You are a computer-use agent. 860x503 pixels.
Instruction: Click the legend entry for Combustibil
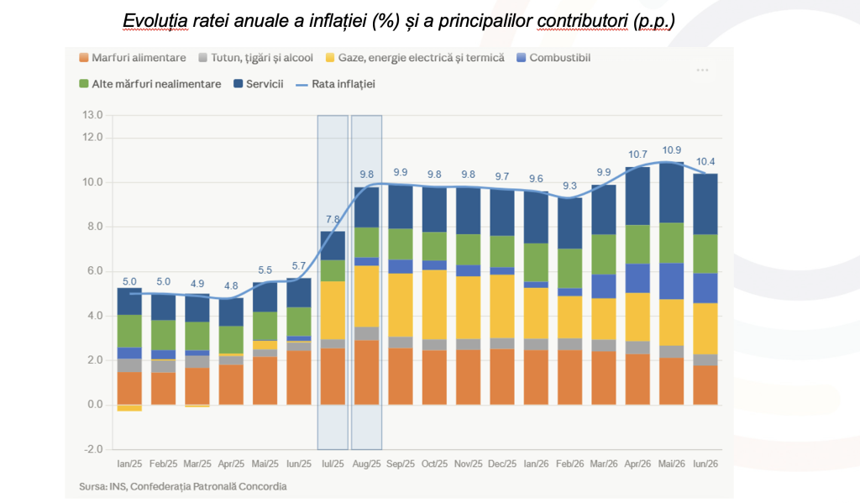(x=553, y=58)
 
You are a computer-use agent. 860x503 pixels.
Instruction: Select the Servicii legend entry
(x=259, y=84)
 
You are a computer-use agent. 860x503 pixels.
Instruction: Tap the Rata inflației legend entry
(x=336, y=84)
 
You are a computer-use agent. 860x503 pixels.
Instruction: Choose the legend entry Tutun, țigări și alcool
(x=255, y=58)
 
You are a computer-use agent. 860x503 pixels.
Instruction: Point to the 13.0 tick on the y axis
(x=92, y=115)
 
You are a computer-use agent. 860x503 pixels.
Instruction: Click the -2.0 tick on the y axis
(x=93, y=448)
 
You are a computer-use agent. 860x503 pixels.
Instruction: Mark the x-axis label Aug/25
(x=366, y=464)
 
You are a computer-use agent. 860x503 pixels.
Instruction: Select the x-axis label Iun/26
(x=705, y=464)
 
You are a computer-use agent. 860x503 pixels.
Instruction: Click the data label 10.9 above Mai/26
(x=671, y=149)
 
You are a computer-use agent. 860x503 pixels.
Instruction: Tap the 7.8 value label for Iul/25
(x=333, y=219)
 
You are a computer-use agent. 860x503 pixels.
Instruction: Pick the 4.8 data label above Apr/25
(x=231, y=286)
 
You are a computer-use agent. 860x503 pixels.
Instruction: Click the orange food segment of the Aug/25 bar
(x=366, y=373)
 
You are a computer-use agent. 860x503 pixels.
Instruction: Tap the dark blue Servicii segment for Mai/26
(x=671, y=192)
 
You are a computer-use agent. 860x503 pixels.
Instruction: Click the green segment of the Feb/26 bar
(x=570, y=268)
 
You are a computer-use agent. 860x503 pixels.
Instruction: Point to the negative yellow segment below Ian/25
(x=129, y=407)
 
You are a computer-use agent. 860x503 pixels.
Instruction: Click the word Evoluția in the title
(x=155, y=21)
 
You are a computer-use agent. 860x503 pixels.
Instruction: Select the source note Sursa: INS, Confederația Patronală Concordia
(x=182, y=486)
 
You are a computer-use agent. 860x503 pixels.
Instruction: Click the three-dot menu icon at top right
(x=702, y=71)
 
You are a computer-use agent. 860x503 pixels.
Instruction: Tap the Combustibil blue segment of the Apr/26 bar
(x=637, y=278)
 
